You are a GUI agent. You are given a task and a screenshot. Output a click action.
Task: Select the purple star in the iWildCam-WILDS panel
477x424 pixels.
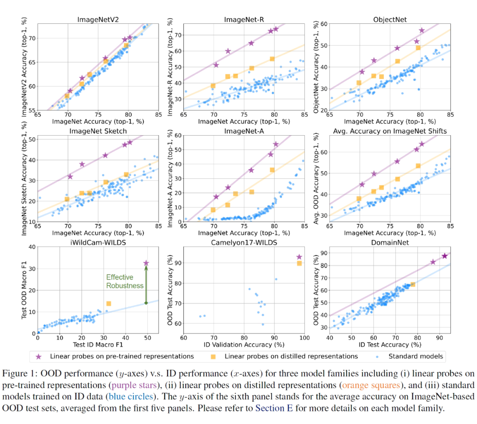point(146,263)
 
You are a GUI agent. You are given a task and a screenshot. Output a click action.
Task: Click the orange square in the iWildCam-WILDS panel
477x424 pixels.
point(109,303)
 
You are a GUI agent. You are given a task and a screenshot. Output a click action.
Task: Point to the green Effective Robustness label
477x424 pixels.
point(125,281)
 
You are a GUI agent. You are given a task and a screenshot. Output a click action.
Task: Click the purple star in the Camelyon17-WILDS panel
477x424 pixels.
point(299,257)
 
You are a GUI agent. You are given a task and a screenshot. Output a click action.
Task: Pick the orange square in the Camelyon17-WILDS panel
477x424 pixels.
point(299,263)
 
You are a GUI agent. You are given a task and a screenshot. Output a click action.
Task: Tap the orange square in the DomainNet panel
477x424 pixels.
point(413,284)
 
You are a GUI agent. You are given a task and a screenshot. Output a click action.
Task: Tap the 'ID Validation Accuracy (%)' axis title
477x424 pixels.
point(243,344)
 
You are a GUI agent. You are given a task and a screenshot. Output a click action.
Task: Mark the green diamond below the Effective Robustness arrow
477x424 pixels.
point(146,303)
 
